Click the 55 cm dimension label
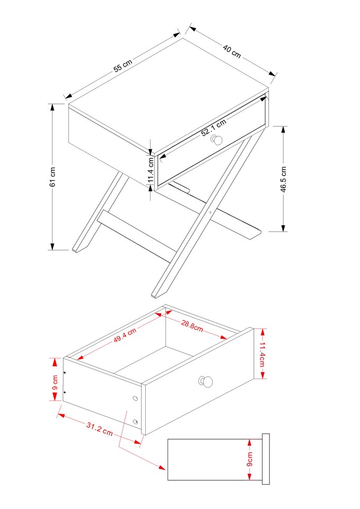123,66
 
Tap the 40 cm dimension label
232,51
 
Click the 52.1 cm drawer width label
214,128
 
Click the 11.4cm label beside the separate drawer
261,354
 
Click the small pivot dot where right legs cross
210,212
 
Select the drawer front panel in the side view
266,459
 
